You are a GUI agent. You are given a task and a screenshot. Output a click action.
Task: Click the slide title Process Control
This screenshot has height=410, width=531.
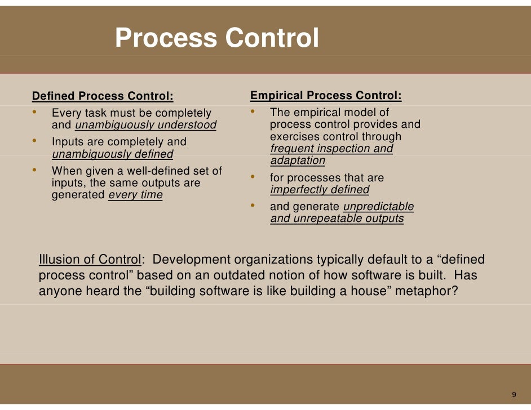coord(217,38)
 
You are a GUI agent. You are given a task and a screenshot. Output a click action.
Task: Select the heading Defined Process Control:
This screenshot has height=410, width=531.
coord(103,96)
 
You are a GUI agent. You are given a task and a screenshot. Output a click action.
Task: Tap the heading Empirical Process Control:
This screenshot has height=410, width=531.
coord(326,96)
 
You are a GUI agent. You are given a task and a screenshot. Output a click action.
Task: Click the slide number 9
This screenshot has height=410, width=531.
coord(514,394)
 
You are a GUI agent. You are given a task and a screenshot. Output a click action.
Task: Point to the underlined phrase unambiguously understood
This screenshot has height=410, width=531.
coord(145,125)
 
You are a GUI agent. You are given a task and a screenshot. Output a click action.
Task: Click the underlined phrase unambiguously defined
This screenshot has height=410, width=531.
coord(112,154)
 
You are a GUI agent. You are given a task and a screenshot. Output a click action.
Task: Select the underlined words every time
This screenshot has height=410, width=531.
coord(135,195)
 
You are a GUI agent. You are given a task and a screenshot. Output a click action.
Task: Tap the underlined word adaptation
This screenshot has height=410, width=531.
coord(298,161)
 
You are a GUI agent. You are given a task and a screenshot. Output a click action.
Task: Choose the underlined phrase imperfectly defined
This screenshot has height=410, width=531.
coord(320,190)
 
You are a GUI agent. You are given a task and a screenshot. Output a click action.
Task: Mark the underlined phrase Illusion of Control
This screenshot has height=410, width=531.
coord(89,260)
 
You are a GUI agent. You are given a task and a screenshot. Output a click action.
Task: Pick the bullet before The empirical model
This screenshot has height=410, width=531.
coord(254,112)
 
